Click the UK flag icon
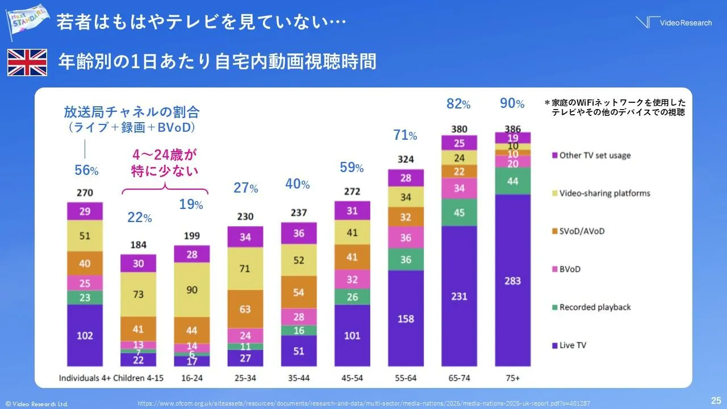(27, 62)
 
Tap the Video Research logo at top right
(674, 23)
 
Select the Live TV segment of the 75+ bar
(512, 281)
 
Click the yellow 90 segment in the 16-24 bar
(191, 290)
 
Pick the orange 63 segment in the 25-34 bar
(245, 309)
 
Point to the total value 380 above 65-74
(459, 128)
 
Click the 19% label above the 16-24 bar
(191, 204)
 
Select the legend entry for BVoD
(570, 269)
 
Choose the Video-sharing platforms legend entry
(604, 193)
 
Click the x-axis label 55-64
(406, 378)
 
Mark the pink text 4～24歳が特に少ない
(165, 163)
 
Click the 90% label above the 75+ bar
(512, 103)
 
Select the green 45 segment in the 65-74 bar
(459, 212)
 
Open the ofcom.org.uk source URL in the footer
(363, 403)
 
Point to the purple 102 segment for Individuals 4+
(85, 335)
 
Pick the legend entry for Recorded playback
(595, 307)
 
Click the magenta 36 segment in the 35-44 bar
(298, 233)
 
